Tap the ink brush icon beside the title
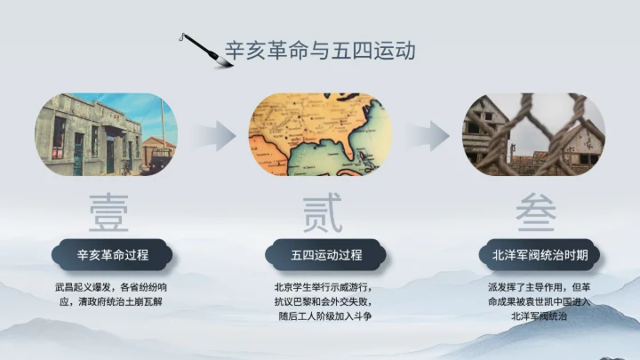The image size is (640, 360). (x=200, y=48)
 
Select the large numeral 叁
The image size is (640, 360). (x=534, y=214)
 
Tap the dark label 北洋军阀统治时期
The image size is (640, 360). (x=540, y=255)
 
